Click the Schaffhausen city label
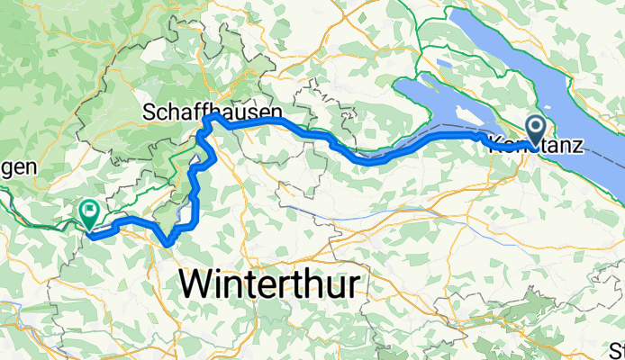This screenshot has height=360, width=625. pyautogui.click(x=213, y=112)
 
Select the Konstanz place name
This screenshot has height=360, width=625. pyautogui.click(x=536, y=144)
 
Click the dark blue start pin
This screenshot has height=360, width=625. pyautogui.click(x=536, y=131)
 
